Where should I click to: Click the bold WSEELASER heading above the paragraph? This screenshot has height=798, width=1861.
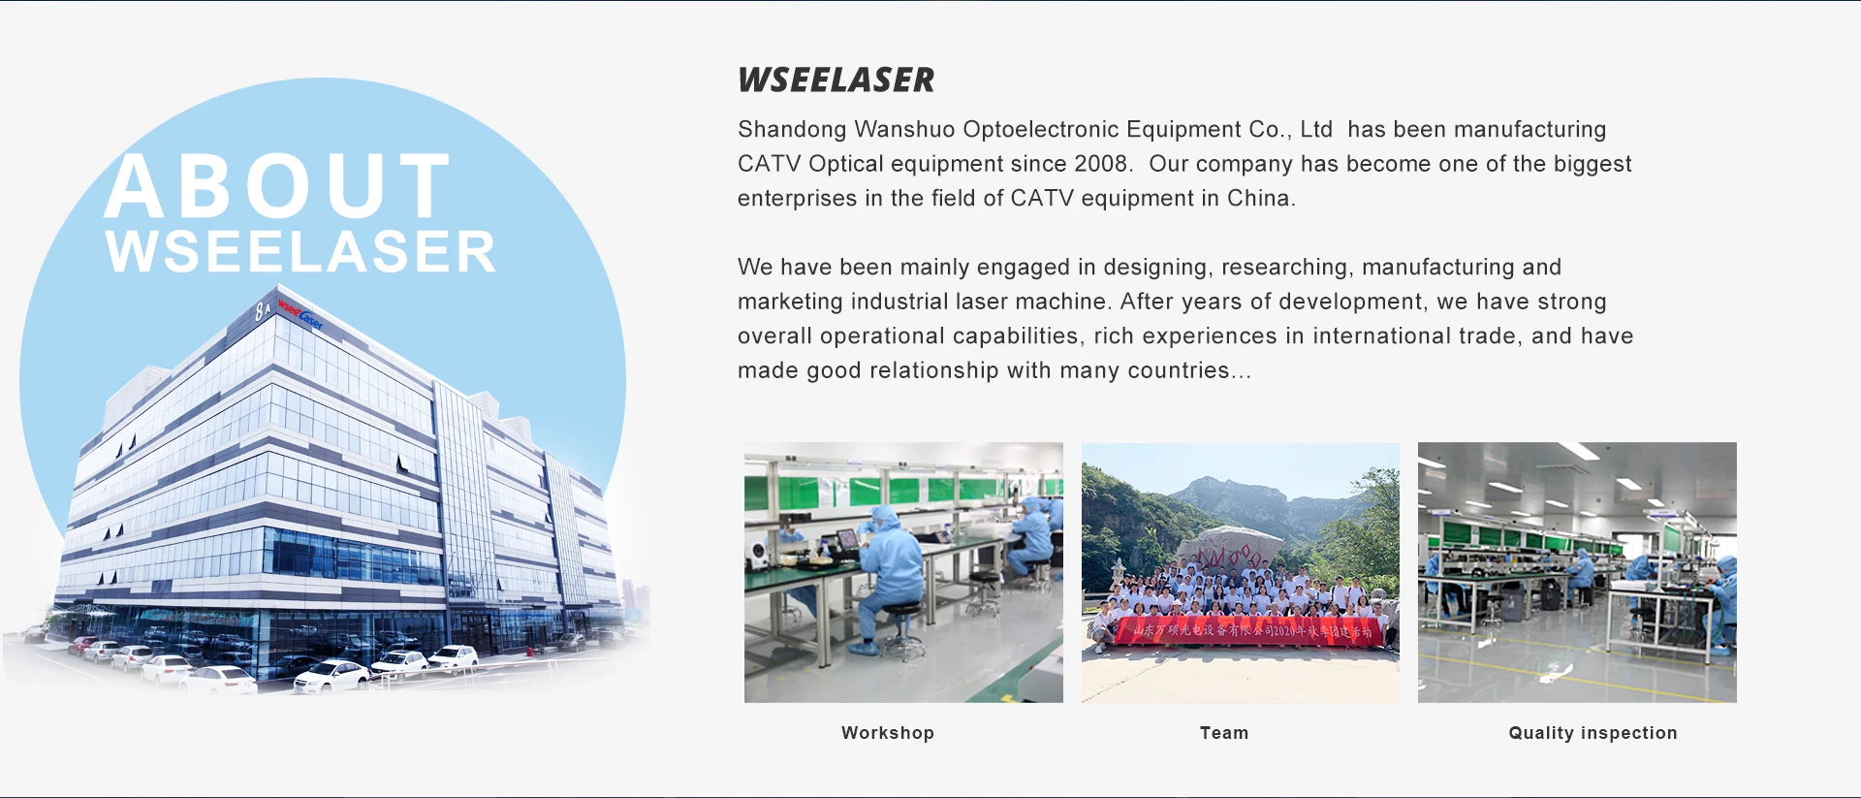click(x=836, y=80)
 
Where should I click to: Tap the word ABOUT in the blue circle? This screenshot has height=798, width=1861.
click(x=277, y=186)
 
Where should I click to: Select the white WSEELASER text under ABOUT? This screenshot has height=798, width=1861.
click(x=300, y=252)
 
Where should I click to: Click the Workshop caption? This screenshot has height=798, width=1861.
click(x=887, y=733)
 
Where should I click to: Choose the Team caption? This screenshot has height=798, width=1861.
click(x=1223, y=733)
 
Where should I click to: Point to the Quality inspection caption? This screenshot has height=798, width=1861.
click(x=1592, y=733)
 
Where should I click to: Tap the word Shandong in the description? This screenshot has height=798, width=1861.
click(x=792, y=130)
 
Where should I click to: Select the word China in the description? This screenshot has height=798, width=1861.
click(x=1259, y=199)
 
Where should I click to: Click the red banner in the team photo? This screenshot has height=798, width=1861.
click(x=1250, y=631)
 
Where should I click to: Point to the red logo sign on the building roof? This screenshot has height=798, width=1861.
click(x=300, y=312)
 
